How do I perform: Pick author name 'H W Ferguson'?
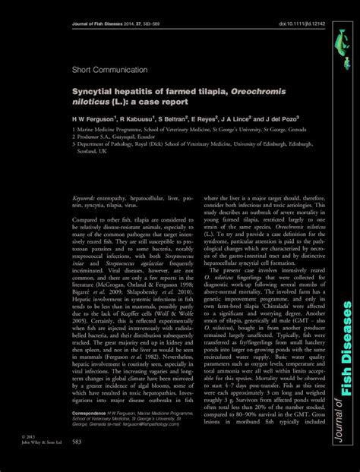[x=98, y=120]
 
